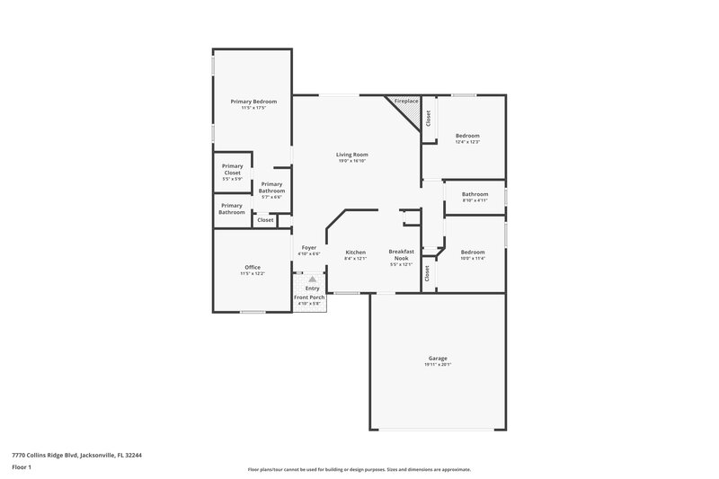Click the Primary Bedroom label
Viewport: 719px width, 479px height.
[x=253, y=102]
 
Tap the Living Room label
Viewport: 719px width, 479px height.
[x=353, y=155]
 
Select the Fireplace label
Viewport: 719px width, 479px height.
[x=406, y=101]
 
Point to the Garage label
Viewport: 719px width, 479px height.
[x=438, y=359]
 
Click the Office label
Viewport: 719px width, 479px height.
[x=253, y=267]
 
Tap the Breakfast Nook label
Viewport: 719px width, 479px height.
[x=401, y=254]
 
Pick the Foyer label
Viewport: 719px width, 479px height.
[x=308, y=247]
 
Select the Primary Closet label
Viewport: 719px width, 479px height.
[x=233, y=169]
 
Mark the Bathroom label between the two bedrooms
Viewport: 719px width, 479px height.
[x=475, y=194]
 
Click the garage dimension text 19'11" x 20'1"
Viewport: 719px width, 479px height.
[x=438, y=365]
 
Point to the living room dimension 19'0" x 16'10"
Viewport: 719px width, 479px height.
[x=353, y=161]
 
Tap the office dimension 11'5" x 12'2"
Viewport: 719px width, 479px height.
[x=253, y=273]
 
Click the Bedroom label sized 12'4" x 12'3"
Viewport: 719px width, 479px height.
[x=467, y=136]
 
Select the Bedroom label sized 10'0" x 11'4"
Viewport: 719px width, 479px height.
[x=473, y=252]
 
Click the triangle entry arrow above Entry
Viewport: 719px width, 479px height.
[x=312, y=279]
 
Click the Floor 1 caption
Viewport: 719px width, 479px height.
[x=22, y=467]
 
